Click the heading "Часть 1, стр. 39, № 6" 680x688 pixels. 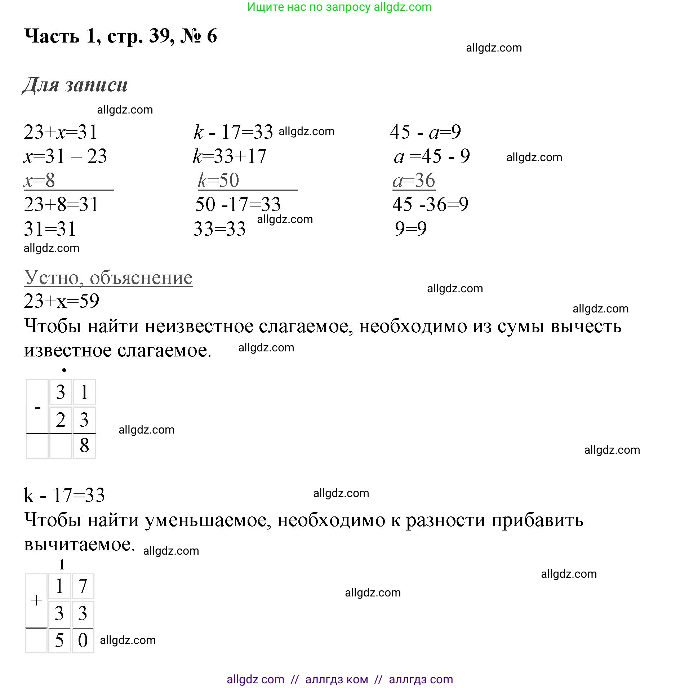pyautogui.click(x=121, y=36)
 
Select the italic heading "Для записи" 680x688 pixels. pyautogui.click(x=75, y=85)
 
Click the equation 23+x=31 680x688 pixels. pyautogui.click(x=61, y=132)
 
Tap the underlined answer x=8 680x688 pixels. pyautogui.click(x=40, y=180)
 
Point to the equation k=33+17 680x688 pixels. pyautogui.click(x=230, y=156)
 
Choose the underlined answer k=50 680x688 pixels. pyautogui.click(x=219, y=180)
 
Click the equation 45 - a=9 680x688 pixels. pyautogui.click(x=425, y=132)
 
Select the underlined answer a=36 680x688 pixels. pyautogui.click(x=414, y=180)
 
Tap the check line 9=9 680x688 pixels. pyautogui.click(x=411, y=228)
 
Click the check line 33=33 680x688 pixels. pyautogui.click(x=219, y=228)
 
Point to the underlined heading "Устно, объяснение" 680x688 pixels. pyautogui.click(x=108, y=278)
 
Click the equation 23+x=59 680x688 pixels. pyautogui.click(x=61, y=301)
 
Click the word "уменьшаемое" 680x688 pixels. pyautogui.click(x=208, y=520)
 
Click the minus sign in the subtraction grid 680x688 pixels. pyautogui.click(x=37, y=408)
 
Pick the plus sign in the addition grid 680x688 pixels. pyautogui.click(x=36, y=600)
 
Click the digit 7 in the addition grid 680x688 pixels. pyautogui.click(x=83, y=586)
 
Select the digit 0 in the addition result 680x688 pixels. pyautogui.click(x=83, y=640)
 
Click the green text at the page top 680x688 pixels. pyautogui.click(x=339, y=7)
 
